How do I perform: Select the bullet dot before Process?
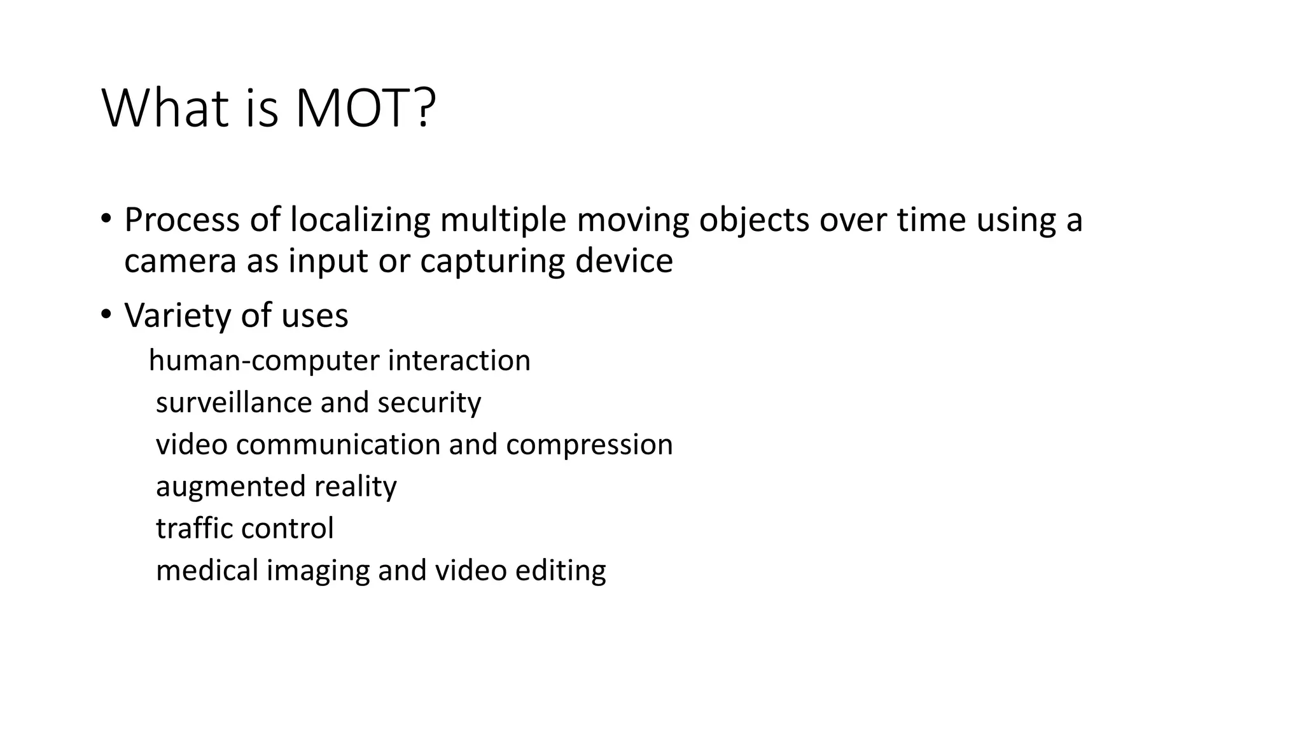(x=106, y=219)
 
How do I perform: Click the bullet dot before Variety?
(x=106, y=314)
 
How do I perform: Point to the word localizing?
(x=360, y=220)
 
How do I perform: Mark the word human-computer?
(x=264, y=361)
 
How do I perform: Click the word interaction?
(x=459, y=360)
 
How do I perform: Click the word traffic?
(x=193, y=528)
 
